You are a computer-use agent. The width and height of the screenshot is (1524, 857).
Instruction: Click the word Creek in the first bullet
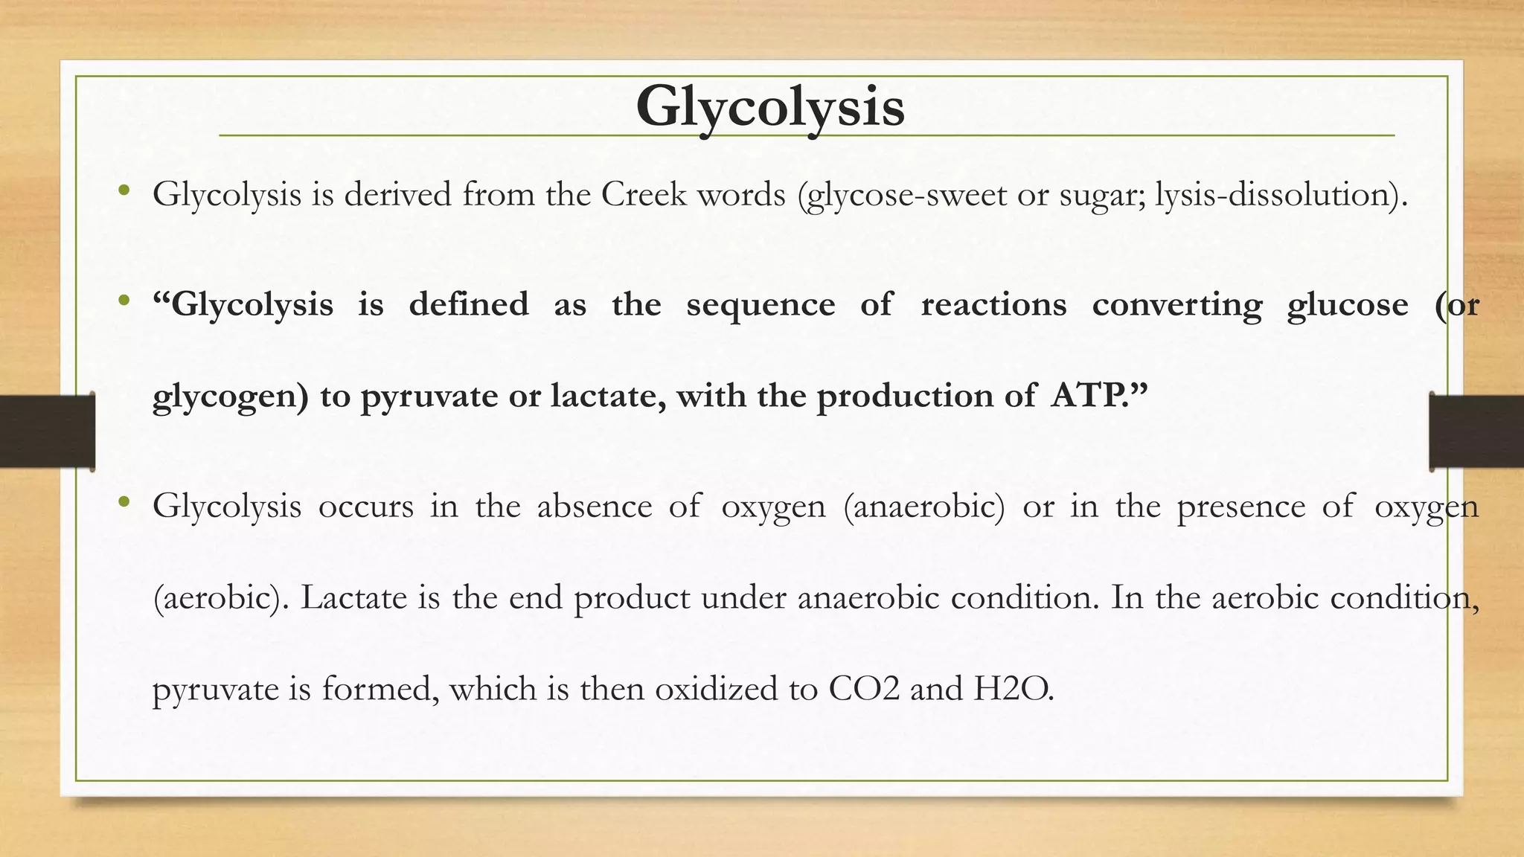(x=644, y=195)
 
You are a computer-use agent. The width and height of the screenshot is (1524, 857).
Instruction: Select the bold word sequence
(x=761, y=305)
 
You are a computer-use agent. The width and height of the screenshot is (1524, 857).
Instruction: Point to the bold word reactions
(x=993, y=305)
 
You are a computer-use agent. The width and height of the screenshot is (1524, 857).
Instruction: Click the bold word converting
(x=1177, y=305)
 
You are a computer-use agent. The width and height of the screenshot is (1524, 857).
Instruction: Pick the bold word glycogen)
(x=230, y=396)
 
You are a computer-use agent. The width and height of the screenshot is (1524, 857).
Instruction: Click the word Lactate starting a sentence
(x=353, y=598)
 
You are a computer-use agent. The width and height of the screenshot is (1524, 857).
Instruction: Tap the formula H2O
(x=1013, y=689)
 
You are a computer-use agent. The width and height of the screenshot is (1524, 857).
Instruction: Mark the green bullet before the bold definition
(x=124, y=301)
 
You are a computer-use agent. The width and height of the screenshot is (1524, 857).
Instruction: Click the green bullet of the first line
(x=124, y=191)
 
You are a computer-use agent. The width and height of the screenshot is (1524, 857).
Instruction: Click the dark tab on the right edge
(x=1476, y=431)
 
